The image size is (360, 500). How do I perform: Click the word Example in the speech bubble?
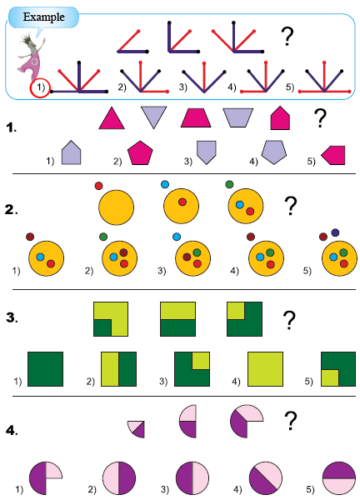[x=43, y=17]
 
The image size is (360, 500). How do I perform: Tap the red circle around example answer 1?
[x=40, y=88]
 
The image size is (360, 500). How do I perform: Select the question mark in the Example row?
[x=287, y=37]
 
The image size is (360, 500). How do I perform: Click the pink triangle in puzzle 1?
[x=112, y=118]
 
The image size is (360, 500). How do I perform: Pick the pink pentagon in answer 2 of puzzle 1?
[x=140, y=152]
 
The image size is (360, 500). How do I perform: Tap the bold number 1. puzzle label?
[x=11, y=127]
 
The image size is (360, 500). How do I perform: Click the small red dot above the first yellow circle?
[x=98, y=186]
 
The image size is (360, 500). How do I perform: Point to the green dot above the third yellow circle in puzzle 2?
[x=229, y=184]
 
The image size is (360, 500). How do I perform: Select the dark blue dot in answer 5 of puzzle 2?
[x=335, y=232]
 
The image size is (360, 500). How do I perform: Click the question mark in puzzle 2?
[x=291, y=206]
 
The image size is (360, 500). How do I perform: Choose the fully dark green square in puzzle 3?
[x=45, y=369]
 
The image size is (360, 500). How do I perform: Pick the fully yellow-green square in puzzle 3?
[x=265, y=369]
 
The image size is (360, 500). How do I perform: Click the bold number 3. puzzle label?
[x=12, y=318]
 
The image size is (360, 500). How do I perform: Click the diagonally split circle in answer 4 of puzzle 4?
[x=266, y=478]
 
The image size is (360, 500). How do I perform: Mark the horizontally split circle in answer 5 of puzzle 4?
[x=338, y=478]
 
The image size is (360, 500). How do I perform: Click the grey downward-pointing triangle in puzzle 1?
[x=153, y=116]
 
